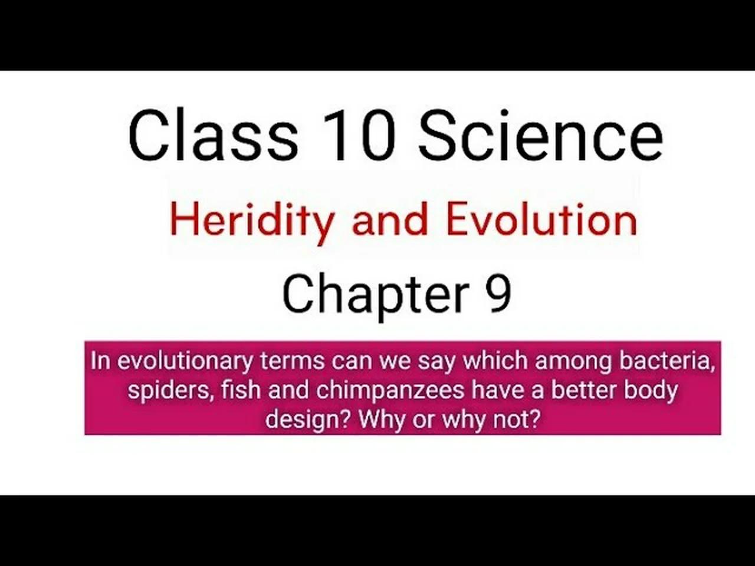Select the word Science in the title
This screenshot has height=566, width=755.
click(x=540, y=136)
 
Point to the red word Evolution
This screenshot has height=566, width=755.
click(x=541, y=219)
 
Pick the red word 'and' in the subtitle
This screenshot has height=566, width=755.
click(x=389, y=219)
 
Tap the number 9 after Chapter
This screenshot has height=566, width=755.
click(x=499, y=294)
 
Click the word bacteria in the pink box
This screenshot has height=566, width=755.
click(x=667, y=361)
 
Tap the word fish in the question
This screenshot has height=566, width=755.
click(x=241, y=390)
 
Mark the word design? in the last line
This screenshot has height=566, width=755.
click(x=308, y=419)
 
